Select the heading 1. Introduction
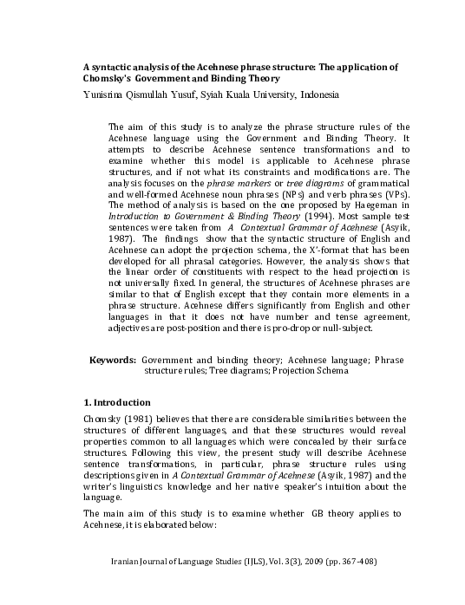(x=116, y=403)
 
